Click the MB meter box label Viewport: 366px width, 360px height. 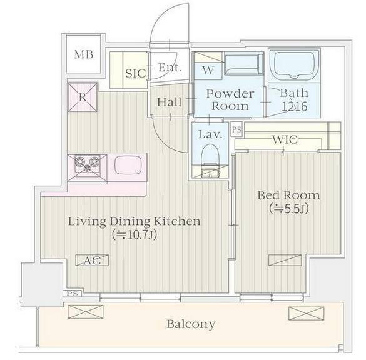[x=84, y=54]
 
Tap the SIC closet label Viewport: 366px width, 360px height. [x=136, y=73]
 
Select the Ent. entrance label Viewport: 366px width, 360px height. [x=170, y=67]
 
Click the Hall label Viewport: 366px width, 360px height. [x=169, y=102]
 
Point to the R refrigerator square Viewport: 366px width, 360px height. [x=83, y=97]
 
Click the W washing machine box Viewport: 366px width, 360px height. [x=208, y=71]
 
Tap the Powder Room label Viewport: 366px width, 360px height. [x=230, y=100]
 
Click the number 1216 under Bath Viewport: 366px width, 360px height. [x=294, y=106]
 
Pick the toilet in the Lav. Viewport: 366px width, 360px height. [x=210, y=161]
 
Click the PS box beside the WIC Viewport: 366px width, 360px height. [x=236, y=129]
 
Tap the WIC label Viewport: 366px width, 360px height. [x=285, y=139]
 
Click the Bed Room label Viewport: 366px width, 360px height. [x=288, y=196]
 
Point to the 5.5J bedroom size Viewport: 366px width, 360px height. [x=288, y=209]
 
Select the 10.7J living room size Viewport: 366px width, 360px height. [x=134, y=235]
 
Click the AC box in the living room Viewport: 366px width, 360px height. [x=92, y=260]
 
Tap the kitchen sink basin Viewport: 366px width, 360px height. [x=128, y=165]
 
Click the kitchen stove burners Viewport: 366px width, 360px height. [x=87, y=163]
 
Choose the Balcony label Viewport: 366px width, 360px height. [x=191, y=324]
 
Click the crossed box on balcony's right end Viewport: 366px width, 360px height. [x=306, y=314]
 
